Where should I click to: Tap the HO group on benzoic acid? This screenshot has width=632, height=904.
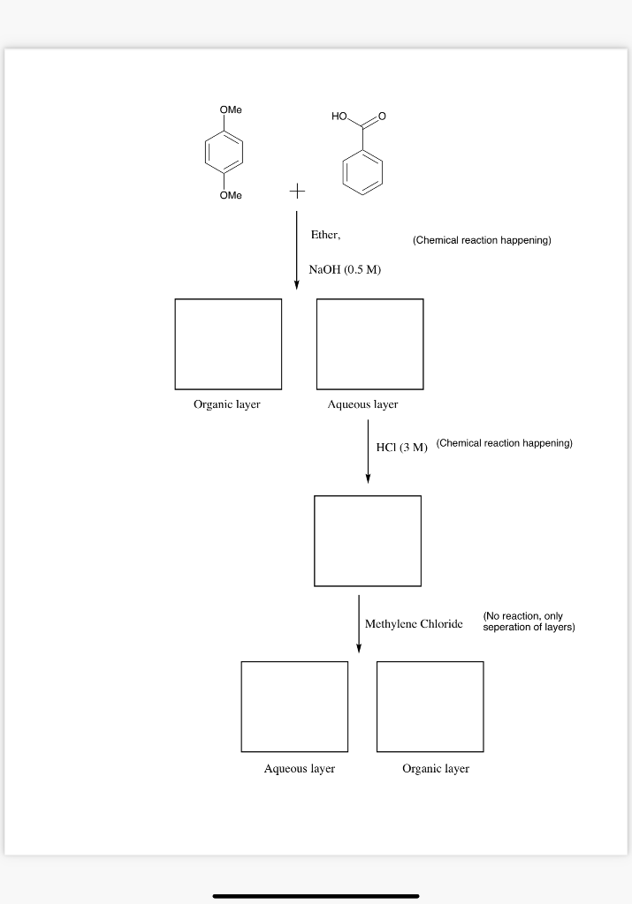click(341, 117)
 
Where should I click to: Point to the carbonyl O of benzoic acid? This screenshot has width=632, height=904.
click(382, 117)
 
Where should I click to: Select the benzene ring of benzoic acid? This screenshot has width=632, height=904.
click(363, 170)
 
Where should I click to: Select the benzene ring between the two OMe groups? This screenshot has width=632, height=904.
click(225, 152)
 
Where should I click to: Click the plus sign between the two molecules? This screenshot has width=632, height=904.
click(297, 190)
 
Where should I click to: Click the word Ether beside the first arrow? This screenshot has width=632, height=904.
click(325, 236)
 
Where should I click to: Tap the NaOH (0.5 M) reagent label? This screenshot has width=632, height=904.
click(345, 269)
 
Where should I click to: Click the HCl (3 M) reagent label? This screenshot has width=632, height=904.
click(401, 448)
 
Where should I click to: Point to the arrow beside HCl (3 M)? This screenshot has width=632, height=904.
click(368, 451)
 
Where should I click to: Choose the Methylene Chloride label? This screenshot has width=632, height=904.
click(414, 624)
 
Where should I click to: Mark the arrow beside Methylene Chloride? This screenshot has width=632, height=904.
click(359, 623)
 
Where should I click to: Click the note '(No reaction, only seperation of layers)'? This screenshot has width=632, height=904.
click(529, 621)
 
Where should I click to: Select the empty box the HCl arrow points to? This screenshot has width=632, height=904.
click(368, 540)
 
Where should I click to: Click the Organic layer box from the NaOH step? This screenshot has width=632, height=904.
click(228, 343)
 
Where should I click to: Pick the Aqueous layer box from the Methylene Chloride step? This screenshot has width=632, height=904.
click(294, 706)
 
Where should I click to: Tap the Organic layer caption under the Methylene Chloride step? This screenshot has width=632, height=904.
click(436, 769)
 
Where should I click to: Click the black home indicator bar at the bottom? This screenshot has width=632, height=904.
click(316, 895)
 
